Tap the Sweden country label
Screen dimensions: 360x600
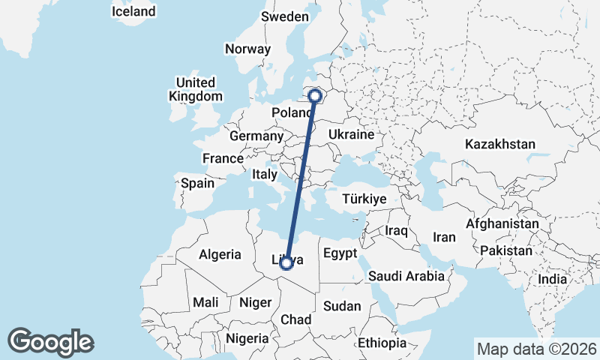tap(284, 16)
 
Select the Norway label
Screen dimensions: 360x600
tap(247, 49)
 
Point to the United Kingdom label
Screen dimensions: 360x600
tap(196, 89)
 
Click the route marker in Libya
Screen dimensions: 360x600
tap(286, 262)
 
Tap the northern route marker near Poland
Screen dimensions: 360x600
tap(316, 95)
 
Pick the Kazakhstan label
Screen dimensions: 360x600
tap(499, 144)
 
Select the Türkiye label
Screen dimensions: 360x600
tap(364, 199)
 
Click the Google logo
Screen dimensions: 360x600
tap(50, 341)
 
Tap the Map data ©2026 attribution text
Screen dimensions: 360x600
tap(537, 349)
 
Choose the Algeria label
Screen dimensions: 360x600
tap(220, 254)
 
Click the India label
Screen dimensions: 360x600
tap(553, 279)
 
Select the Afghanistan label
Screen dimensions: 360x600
tap(502, 223)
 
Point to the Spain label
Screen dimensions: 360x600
tap(197, 182)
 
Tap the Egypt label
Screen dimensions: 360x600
tap(342, 253)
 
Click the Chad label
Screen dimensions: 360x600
tap(296, 320)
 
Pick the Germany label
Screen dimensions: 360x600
tap(256, 136)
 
